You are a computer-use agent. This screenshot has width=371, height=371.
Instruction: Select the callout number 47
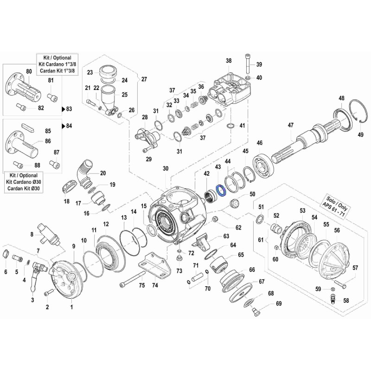pos(291,125)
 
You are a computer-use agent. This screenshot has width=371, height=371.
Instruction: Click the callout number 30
pos(166,169)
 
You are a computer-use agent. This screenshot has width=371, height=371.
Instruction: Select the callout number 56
pos(337,230)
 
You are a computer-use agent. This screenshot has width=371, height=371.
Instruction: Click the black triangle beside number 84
pos(64,126)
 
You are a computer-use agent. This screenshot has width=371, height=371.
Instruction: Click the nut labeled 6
pos(6,253)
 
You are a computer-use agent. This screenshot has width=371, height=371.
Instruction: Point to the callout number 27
pos(144,79)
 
